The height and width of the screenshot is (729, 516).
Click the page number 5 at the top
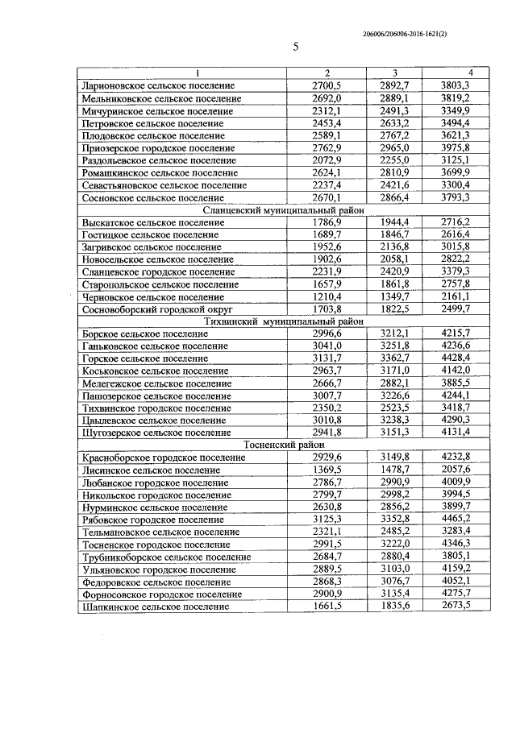[296, 46]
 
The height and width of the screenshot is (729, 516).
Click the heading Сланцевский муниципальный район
[274, 210]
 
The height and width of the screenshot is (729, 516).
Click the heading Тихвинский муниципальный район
[274, 321]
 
